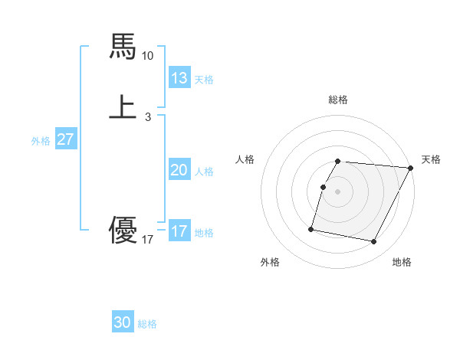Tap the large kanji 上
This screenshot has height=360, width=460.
tap(123, 106)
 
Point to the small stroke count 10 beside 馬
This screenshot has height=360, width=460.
tap(148, 56)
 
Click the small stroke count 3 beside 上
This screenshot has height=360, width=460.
tap(148, 117)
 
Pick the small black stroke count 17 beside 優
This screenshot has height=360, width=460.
tap(148, 241)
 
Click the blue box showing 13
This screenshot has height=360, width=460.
tap(179, 78)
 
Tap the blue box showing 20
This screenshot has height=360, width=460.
tap(179, 170)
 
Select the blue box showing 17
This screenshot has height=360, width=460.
tap(179, 231)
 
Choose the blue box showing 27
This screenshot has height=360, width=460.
tap(66, 139)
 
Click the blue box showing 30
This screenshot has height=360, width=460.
tap(123, 323)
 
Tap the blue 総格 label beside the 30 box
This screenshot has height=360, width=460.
tap(147, 324)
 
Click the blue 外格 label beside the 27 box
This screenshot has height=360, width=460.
tap(41, 140)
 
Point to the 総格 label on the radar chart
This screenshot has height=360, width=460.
tap(338, 100)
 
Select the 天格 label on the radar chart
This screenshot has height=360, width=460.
tap(431, 159)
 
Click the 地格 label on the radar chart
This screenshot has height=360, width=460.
tap(402, 262)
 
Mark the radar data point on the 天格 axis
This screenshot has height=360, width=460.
tap(410, 168)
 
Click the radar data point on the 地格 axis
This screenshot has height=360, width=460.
tap(374, 242)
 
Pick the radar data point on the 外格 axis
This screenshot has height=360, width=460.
tap(311, 229)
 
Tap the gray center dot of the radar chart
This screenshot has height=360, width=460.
tap(338, 191)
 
